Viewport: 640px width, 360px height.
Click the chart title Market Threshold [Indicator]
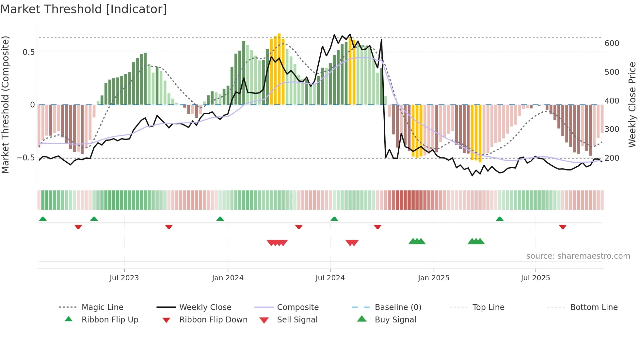tap(84, 9)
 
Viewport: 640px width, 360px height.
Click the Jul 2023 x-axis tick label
tap(124, 278)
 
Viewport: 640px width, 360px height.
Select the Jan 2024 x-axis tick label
tap(228, 278)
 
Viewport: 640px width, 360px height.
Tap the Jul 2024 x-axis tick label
tap(330, 278)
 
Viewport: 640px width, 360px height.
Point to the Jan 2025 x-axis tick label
tap(434, 278)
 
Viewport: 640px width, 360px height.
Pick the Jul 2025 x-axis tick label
tap(536, 278)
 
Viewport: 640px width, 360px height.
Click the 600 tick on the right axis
tap(612, 43)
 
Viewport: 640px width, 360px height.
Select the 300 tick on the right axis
tap(612, 129)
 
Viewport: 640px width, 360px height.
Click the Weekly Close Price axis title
tap(632, 105)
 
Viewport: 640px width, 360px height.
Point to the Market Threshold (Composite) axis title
tap(5, 105)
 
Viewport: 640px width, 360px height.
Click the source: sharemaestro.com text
tap(578, 256)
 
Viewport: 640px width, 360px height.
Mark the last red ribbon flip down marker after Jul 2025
tap(563, 227)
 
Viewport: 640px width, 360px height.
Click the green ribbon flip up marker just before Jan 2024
tap(220, 219)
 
